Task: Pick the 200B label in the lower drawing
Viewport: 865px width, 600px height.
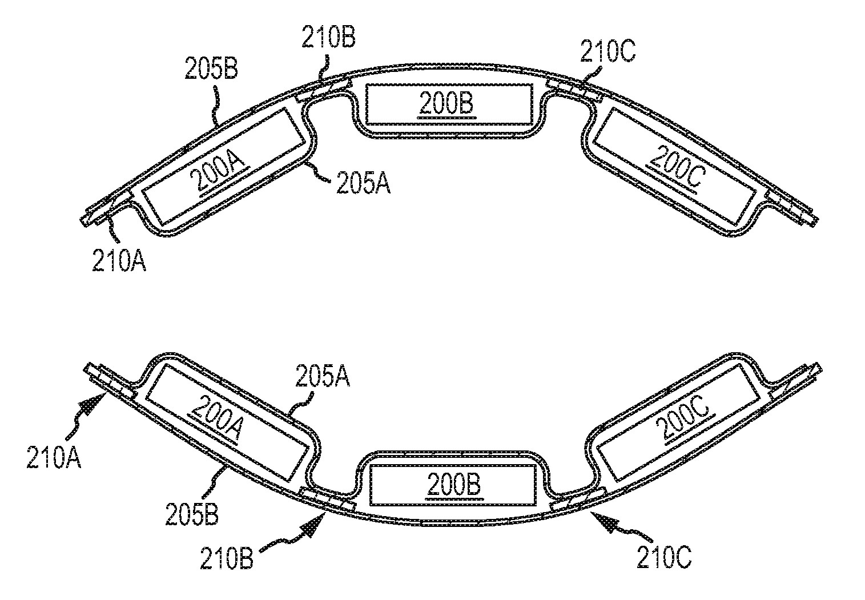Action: point(451,486)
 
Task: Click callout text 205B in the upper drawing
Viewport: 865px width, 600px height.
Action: point(211,69)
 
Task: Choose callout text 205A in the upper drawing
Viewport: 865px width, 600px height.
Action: point(363,184)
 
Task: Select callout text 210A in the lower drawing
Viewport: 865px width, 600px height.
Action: point(54,458)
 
